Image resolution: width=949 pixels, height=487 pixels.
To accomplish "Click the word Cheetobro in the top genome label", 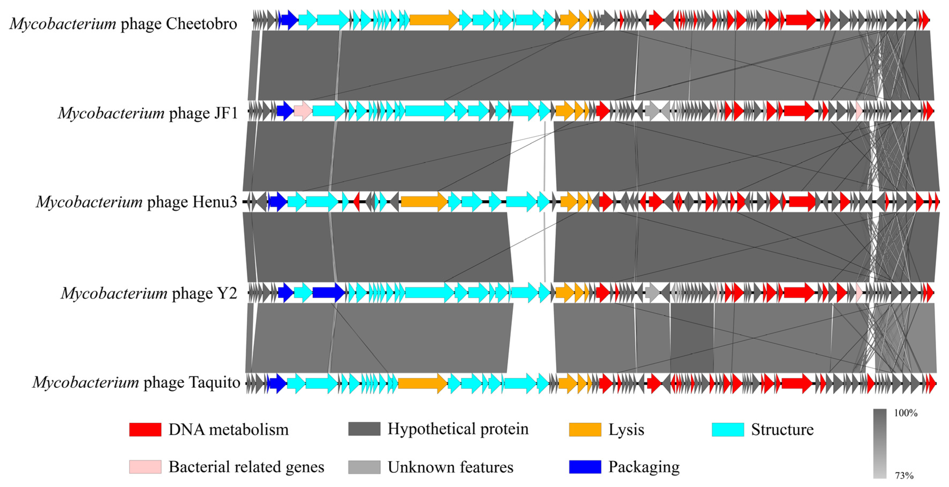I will [x=201, y=24].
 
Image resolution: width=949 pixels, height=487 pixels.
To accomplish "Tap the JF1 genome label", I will [x=226, y=113].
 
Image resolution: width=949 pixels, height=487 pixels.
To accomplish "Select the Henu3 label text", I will [x=215, y=202].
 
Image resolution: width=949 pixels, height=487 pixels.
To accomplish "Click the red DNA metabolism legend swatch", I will [x=145, y=429].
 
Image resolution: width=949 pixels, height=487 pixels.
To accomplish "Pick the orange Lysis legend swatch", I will [x=585, y=429].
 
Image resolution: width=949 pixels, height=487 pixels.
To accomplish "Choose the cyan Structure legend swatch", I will [x=728, y=429].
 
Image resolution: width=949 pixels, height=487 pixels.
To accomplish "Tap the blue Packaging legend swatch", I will [x=585, y=467].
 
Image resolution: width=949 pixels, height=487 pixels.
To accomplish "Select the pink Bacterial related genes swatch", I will [x=145, y=467].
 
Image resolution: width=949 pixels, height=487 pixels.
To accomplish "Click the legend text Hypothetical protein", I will [x=458, y=429].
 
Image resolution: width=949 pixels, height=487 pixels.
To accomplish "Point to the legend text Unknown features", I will [x=450, y=467].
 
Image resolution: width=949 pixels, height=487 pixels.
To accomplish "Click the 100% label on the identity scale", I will [x=905, y=413].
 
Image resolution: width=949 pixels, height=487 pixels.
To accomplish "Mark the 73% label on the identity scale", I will [x=904, y=475].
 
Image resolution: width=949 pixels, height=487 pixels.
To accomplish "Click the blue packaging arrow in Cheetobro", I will [x=289, y=20].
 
